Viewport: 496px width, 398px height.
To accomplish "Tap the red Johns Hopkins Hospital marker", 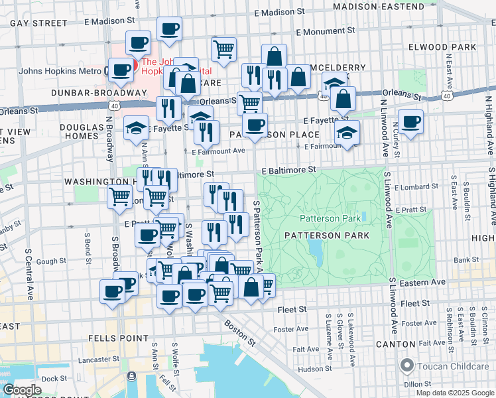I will [131, 65].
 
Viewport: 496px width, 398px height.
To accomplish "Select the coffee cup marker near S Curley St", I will [411, 123].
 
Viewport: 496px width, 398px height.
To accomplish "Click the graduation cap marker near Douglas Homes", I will [137, 127].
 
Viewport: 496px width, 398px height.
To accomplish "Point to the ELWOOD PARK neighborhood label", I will [452, 48].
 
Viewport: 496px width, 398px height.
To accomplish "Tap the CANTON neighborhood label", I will [395, 344].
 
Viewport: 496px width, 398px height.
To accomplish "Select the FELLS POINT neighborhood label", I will [118, 338].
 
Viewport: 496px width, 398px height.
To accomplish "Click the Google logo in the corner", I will [22, 390].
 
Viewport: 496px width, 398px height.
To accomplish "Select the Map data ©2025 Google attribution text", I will [454, 393].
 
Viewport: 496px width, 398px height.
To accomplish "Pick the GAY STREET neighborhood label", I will [39, 23].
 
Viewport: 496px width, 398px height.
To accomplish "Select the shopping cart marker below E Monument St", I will [224, 48].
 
